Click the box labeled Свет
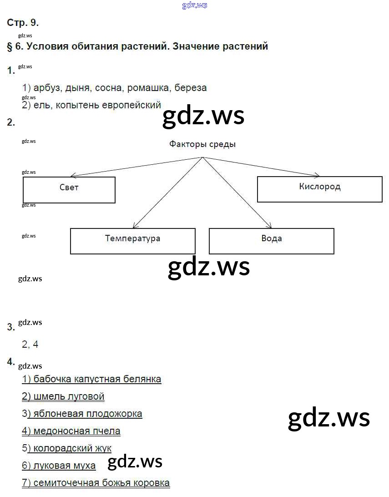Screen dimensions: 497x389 coord(69,190)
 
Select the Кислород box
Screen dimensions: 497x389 coord(319,189)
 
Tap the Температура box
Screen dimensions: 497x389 coord(132,241)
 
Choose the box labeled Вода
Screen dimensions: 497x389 coord(271,241)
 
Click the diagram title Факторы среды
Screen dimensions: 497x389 coord(202,144)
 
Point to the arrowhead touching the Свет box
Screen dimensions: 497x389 coord(71,176)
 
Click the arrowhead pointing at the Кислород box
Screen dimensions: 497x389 coord(318,175)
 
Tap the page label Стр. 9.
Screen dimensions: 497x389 coord(23,23)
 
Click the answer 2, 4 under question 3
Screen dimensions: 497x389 coord(30,344)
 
